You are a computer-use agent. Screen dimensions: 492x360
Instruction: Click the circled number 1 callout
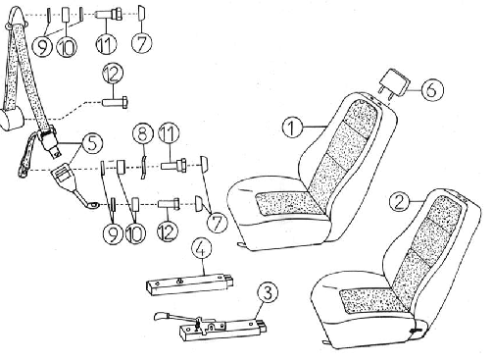292,128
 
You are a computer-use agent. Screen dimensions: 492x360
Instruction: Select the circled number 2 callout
400,201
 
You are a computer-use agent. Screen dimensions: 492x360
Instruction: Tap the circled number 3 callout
269,292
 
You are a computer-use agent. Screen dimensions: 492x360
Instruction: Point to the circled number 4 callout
202,248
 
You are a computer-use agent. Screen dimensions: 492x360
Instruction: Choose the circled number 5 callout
92,143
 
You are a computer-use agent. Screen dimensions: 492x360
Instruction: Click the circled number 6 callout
432,89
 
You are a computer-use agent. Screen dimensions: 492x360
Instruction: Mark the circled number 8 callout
143,134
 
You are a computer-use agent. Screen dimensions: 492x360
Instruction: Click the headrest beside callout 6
393,84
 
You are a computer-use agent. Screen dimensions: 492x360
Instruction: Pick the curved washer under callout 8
143,167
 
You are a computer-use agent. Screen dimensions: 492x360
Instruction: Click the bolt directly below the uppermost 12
116,102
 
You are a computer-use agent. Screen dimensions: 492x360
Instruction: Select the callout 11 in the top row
107,45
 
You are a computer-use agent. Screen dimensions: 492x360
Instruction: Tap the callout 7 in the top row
142,43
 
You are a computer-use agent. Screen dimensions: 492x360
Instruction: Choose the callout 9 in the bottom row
113,233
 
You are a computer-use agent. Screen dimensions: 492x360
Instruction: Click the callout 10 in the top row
67,46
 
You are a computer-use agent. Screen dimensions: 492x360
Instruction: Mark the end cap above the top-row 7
141,13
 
